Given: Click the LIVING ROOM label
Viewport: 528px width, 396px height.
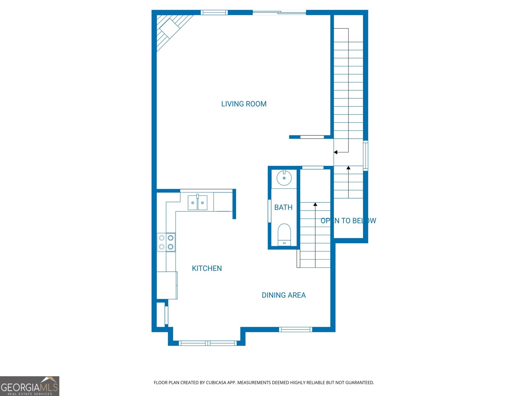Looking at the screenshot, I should [x=244, y=104].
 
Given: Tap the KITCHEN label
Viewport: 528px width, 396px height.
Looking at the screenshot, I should [x=207, y=268].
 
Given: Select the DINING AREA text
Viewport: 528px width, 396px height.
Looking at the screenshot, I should [x=283, y=295].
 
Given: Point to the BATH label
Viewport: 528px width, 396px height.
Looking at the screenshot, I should [x=283, y=207].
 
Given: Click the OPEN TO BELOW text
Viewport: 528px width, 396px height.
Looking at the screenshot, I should [x=348, y=221].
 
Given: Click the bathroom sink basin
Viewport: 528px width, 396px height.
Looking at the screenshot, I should [x=284, y=178].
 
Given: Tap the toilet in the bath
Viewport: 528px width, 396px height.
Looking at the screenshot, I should [x=284, y=235].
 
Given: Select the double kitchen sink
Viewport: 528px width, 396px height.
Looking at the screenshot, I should [x=197, y=203].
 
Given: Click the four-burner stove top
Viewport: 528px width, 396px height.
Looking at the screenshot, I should [x=166, y=242].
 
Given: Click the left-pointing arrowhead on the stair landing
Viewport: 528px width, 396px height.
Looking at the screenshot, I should [x=336, y=152].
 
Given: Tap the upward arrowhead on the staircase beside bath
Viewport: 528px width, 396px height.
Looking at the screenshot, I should [x=315, y=205].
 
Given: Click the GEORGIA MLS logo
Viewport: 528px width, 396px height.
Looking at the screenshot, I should [x=30, y=386].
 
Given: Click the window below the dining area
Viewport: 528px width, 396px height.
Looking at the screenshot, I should [x=295, y=329].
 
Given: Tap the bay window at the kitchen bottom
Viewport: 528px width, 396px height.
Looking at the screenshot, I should [x=208, y=343].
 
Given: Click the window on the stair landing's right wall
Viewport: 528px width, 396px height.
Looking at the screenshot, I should [x=365, y=155].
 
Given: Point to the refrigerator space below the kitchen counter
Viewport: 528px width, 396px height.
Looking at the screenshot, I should [x=167, y=285].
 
